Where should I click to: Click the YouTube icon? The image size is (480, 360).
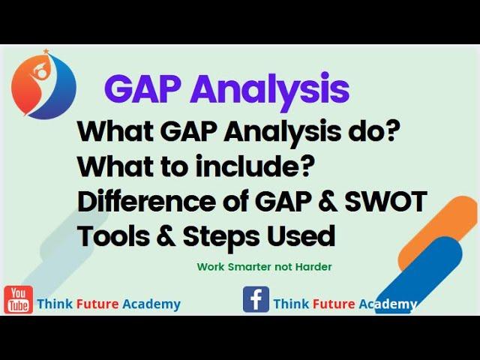tap(18, 300)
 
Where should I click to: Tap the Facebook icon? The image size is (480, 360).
tap(256, 299)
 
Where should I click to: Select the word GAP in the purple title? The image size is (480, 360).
tap(142, 88)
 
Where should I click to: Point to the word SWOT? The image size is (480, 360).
tap(386, 202)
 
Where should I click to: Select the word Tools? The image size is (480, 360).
tap(114, 236)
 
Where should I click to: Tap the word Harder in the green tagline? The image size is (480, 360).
tap(313, 267)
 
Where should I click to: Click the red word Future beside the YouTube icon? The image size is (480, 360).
tap(97, 304)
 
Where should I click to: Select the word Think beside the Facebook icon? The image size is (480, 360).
tap(291, 304)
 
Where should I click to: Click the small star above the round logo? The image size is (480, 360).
tap(46, 51)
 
